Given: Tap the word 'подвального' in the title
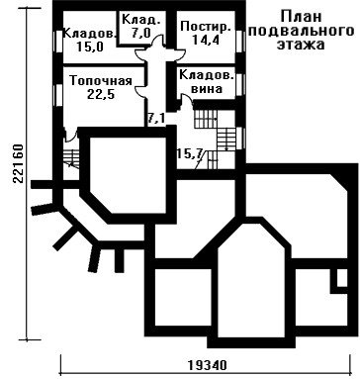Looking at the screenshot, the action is coord(301,31).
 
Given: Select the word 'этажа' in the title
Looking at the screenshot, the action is coord(301,45).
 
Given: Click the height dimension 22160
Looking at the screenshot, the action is coord(18,163).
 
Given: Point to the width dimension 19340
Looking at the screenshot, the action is coord(208,365).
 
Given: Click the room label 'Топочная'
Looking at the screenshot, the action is coord(101,81).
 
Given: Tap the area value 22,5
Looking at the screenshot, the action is coord(101,95).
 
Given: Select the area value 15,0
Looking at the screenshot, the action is coord(90,47).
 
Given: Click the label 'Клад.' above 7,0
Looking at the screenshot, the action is coord(141,20).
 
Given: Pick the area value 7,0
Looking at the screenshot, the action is coord(141,34).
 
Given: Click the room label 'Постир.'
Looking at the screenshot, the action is coord(206,27).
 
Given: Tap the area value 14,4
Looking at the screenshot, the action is coord(206,40).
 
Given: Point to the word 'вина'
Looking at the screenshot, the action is coord(207,89).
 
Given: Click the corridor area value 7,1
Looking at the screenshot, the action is coord(156,119).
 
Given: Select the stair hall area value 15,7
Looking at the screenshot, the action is coord(189,153).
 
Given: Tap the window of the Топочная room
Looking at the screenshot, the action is coord(58,95).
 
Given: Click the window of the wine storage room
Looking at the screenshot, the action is coord(240,84).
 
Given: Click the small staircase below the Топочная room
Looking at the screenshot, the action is coord(71,158).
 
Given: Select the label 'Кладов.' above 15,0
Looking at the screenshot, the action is coord(90,34).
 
